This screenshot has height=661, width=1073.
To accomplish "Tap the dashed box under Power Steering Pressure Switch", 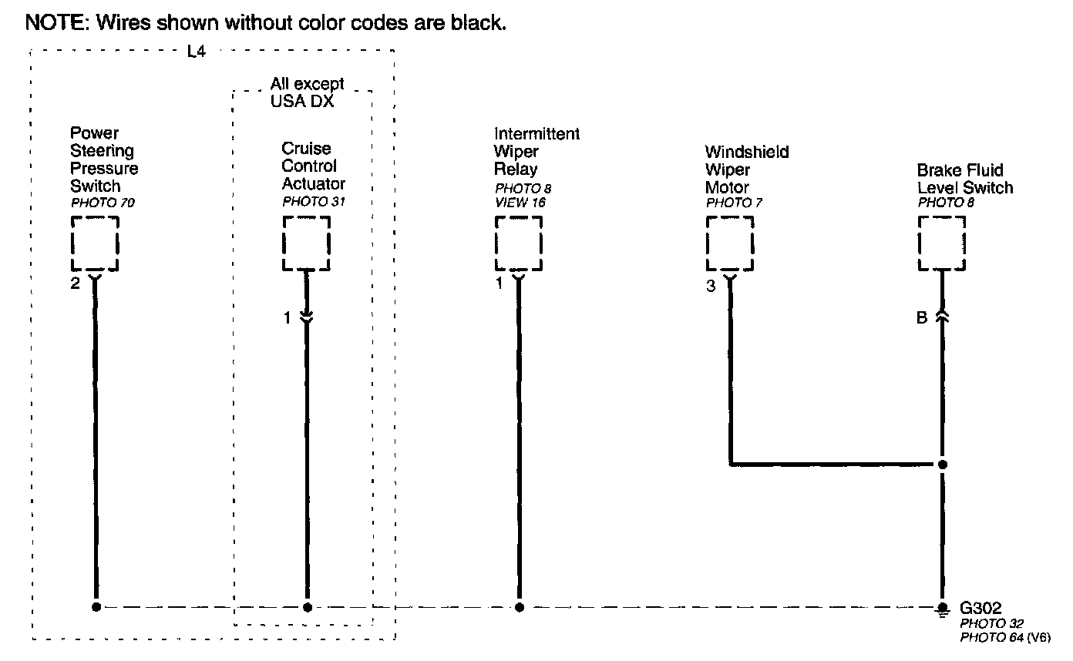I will [x=95, y=243].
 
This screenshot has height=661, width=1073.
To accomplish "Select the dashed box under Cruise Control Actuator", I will [x=306, y=243].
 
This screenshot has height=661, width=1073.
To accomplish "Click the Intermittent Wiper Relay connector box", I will [x=518, y=243].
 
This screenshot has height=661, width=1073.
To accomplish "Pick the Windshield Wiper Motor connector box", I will [x=730, y=243].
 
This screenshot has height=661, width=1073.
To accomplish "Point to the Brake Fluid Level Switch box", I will [x=941, y=243].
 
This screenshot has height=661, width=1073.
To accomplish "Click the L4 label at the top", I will [x=197, y=54].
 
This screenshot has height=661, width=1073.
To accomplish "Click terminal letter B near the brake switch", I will [x=922, y=318].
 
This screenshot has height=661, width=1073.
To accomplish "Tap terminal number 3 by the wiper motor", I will [x=710, y=287].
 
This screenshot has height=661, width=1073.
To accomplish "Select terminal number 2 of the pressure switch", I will [x=75, y=284].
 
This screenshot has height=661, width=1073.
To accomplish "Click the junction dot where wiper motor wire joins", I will [x=942, y=465].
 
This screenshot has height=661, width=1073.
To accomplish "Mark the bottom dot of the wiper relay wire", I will [x=519, y=607].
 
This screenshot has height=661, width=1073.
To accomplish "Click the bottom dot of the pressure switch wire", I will [x=96, y=607].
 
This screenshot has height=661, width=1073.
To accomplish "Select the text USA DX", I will [x=302, y=101].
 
